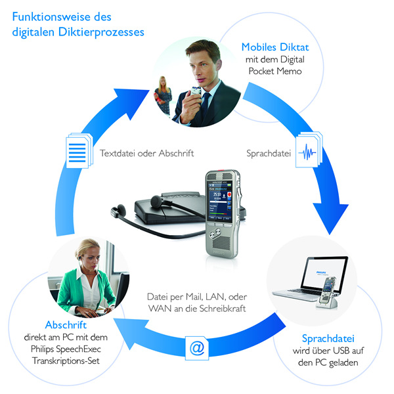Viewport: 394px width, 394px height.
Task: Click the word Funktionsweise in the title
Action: [x=51, y=17]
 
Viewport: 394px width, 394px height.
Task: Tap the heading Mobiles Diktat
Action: [x=275, y=47]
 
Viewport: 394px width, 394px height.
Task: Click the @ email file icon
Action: [x=197, y=348]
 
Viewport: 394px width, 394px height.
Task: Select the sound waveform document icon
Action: [x=309, y=150]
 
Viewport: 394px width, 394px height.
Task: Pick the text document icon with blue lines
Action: [x=79, y=151]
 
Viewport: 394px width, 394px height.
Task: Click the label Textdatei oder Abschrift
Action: [x=146, y=153]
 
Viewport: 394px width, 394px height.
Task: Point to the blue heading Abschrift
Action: [x=66, y=325]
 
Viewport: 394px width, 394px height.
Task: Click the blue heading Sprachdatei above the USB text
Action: [x=328, y=338]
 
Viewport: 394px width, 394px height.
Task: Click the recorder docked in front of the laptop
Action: [x=328, y=294]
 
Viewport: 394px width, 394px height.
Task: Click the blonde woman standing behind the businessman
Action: [x=163, y=95]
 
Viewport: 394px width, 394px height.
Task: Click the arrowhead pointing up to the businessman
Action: [x=132, y=101]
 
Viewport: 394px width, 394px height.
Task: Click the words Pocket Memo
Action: [x=275, y=71]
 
